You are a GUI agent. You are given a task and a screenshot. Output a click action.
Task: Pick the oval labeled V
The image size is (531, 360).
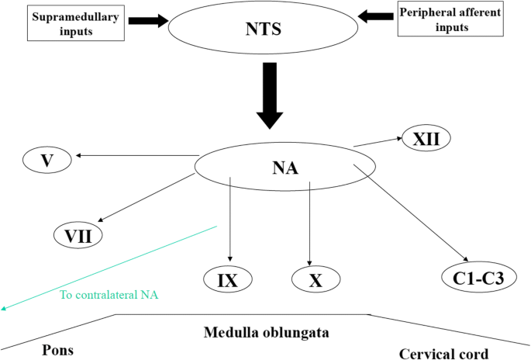[47, 161]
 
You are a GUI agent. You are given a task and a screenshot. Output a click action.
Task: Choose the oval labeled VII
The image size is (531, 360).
[78, 233]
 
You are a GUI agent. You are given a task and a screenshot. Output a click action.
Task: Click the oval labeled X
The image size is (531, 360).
[315, 279]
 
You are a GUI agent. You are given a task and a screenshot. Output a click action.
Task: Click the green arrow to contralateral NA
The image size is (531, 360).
[109, 268]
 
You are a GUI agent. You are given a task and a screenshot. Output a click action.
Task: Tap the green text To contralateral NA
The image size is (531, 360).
[109, 295]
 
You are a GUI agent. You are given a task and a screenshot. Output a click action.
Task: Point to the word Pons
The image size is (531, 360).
[57, 349]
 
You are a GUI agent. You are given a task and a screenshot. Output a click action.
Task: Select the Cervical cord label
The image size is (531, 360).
[443, 354]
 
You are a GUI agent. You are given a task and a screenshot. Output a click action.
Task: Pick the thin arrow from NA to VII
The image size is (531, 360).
[147, 199]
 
